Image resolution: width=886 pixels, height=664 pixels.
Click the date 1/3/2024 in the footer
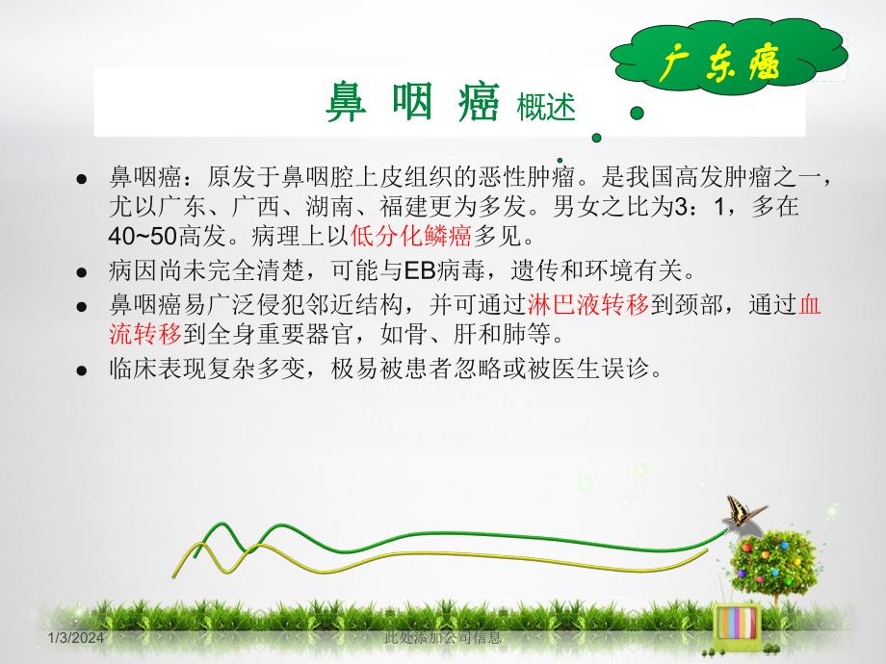77,639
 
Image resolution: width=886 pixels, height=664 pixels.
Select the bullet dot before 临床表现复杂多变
83,370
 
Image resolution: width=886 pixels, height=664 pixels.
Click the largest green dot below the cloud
636,113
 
